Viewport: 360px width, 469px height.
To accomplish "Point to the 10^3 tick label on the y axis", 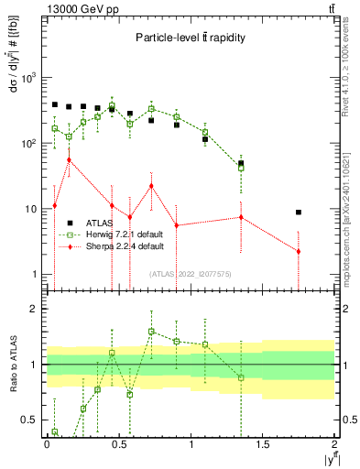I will pos(28,78).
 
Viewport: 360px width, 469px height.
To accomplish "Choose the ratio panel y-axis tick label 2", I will pos(33,309).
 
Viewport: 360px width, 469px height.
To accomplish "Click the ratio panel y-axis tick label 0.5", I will pos(28,420).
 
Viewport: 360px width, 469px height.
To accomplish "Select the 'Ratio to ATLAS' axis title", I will pos(10,366).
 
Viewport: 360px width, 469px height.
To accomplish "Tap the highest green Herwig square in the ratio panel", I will pos(151,332).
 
